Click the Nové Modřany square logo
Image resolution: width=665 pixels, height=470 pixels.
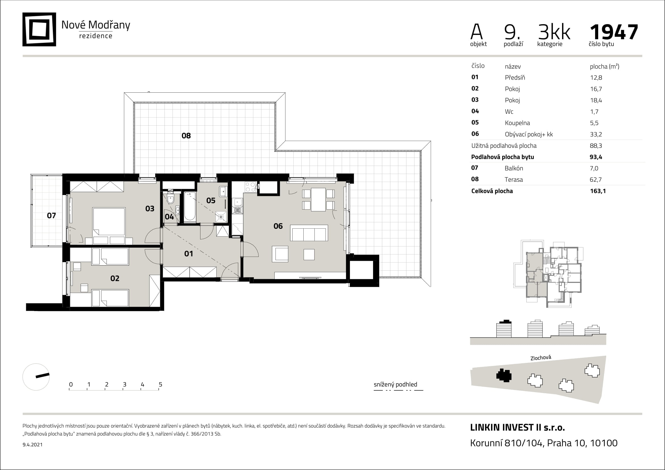39,29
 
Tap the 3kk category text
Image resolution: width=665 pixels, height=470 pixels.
554,32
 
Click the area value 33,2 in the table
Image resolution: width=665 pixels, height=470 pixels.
596,134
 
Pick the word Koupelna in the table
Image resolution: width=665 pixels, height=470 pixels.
517,123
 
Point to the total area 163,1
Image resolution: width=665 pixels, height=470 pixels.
598,191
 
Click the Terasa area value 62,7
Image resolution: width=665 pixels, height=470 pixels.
596,179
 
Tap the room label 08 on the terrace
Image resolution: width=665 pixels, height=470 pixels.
186,136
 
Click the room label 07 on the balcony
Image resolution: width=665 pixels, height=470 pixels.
51,216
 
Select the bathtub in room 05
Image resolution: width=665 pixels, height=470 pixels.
190,207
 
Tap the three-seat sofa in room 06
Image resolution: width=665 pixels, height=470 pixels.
309,233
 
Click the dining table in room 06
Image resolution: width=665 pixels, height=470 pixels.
318,200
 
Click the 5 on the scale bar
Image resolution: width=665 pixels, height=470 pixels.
160,385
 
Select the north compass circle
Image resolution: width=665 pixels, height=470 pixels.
36,377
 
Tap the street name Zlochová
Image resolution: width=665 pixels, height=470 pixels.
540,358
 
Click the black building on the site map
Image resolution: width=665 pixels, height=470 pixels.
504,376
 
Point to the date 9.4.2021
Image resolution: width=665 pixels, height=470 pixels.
32,444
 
